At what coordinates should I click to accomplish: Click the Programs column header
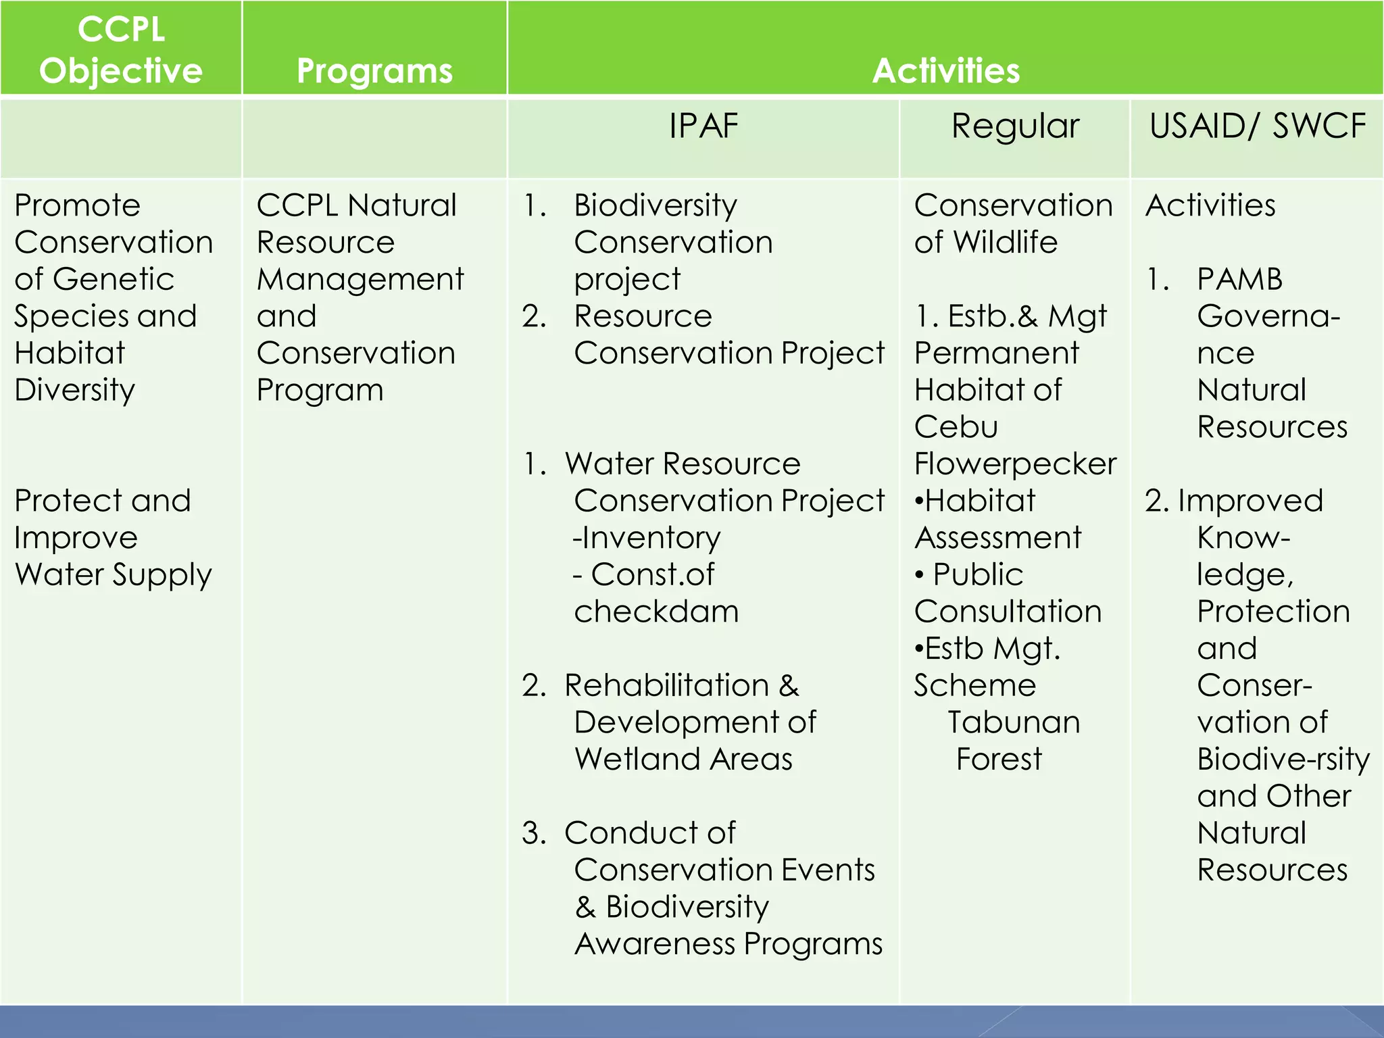click(x=374, y=71)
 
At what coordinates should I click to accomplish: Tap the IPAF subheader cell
click(x=703, y=126)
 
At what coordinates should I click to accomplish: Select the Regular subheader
click(x=1015, y=126)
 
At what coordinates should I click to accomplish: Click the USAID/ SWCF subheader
click(x=1257, y=126)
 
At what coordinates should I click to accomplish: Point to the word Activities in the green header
click(x=945, y=71)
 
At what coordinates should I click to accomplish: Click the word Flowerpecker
click(x=1015, y=464)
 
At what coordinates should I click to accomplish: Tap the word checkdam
click(x=656, y=612)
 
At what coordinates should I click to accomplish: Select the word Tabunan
click(x=1014, y=722)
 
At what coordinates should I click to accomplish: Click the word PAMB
click(x=1239, y=279)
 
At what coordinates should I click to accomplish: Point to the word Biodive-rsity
click(x=1283, y=760)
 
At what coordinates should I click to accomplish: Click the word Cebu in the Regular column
click(x=956, y=427)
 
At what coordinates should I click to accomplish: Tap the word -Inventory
click(x=647, y=538)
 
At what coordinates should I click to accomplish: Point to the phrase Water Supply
click(x=113, y=575)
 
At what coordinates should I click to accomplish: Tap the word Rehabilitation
click(x=666, y=686)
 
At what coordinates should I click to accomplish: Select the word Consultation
click(x=1008, y=612)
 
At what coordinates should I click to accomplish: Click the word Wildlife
click(x=1005, y=243)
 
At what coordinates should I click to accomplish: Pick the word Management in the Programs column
click(x=360, y=279)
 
